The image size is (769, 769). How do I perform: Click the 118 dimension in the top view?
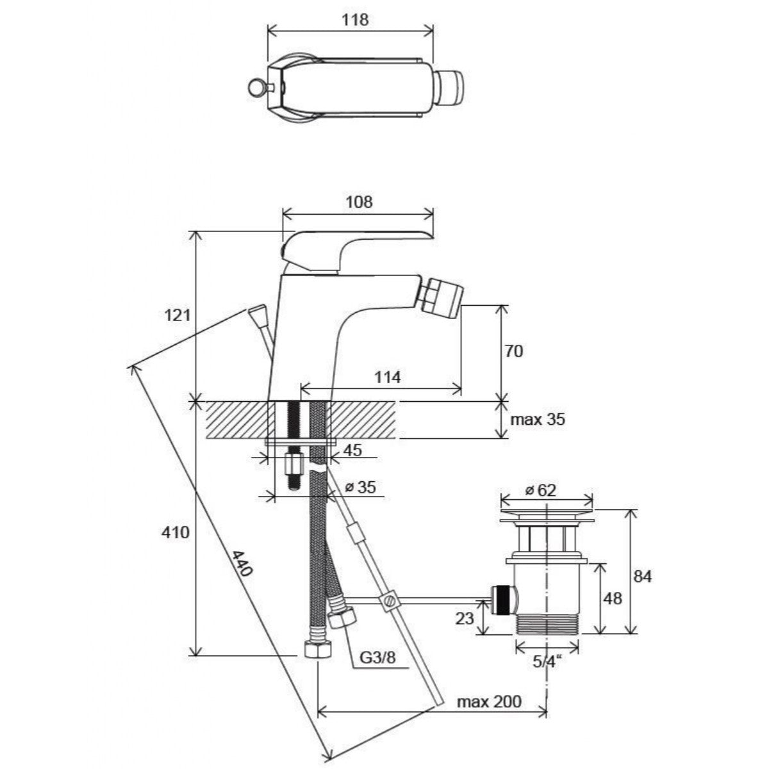tap(356, 19)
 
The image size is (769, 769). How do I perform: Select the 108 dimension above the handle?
tap(359, 202)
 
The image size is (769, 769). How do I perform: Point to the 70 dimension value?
tap(514, 351)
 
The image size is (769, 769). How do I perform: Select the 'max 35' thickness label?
tap(538, 420)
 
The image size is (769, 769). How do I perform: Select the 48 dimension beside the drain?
tap(613, 598)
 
